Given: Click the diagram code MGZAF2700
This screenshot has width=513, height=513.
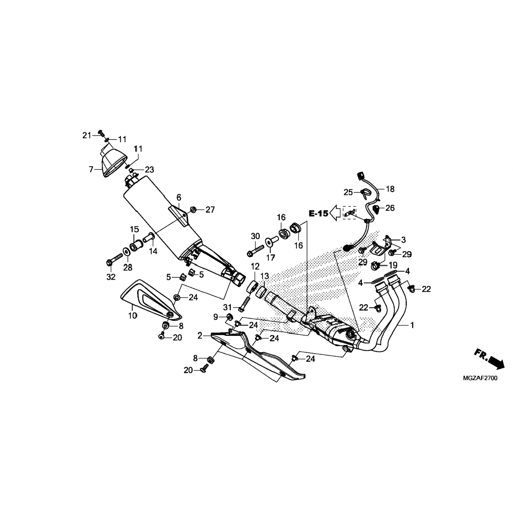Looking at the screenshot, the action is (480, 378).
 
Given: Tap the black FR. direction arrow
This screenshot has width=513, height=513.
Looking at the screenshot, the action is (497, 362).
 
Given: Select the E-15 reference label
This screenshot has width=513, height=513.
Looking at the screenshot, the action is (319, 214).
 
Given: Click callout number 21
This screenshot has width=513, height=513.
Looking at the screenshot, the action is (87, 135).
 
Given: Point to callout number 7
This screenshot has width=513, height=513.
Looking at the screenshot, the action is (91, 169).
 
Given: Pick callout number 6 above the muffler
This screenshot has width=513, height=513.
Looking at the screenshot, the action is (179, 197).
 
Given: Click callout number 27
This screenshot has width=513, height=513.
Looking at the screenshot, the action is (210, 209).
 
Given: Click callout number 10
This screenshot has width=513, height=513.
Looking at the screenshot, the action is (132, 315).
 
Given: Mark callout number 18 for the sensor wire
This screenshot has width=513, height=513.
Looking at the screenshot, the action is (390, 189).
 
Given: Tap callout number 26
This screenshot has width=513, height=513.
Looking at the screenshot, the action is (390, 208).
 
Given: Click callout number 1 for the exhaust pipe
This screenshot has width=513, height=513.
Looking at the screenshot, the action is (412, 325).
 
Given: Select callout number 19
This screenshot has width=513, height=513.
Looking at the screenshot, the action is (393, 265).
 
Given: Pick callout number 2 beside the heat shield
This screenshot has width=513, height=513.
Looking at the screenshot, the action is (200, 336).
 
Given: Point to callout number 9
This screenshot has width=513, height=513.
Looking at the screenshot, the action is (215, 317).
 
